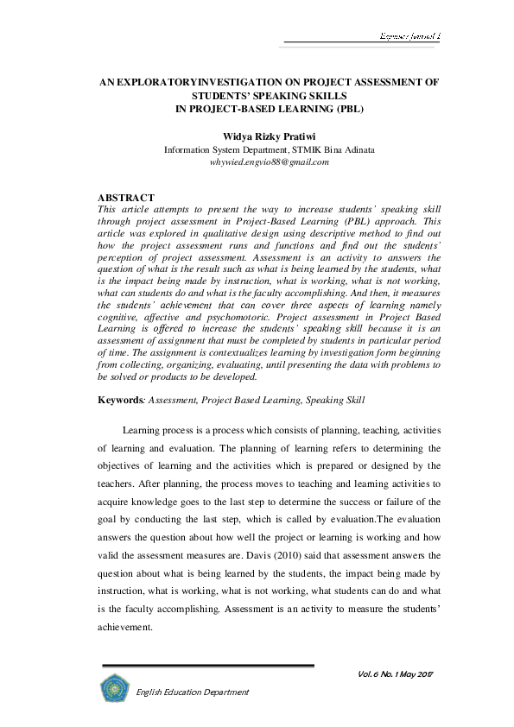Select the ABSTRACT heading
click(127, 199)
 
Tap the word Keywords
click(119, 400)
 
